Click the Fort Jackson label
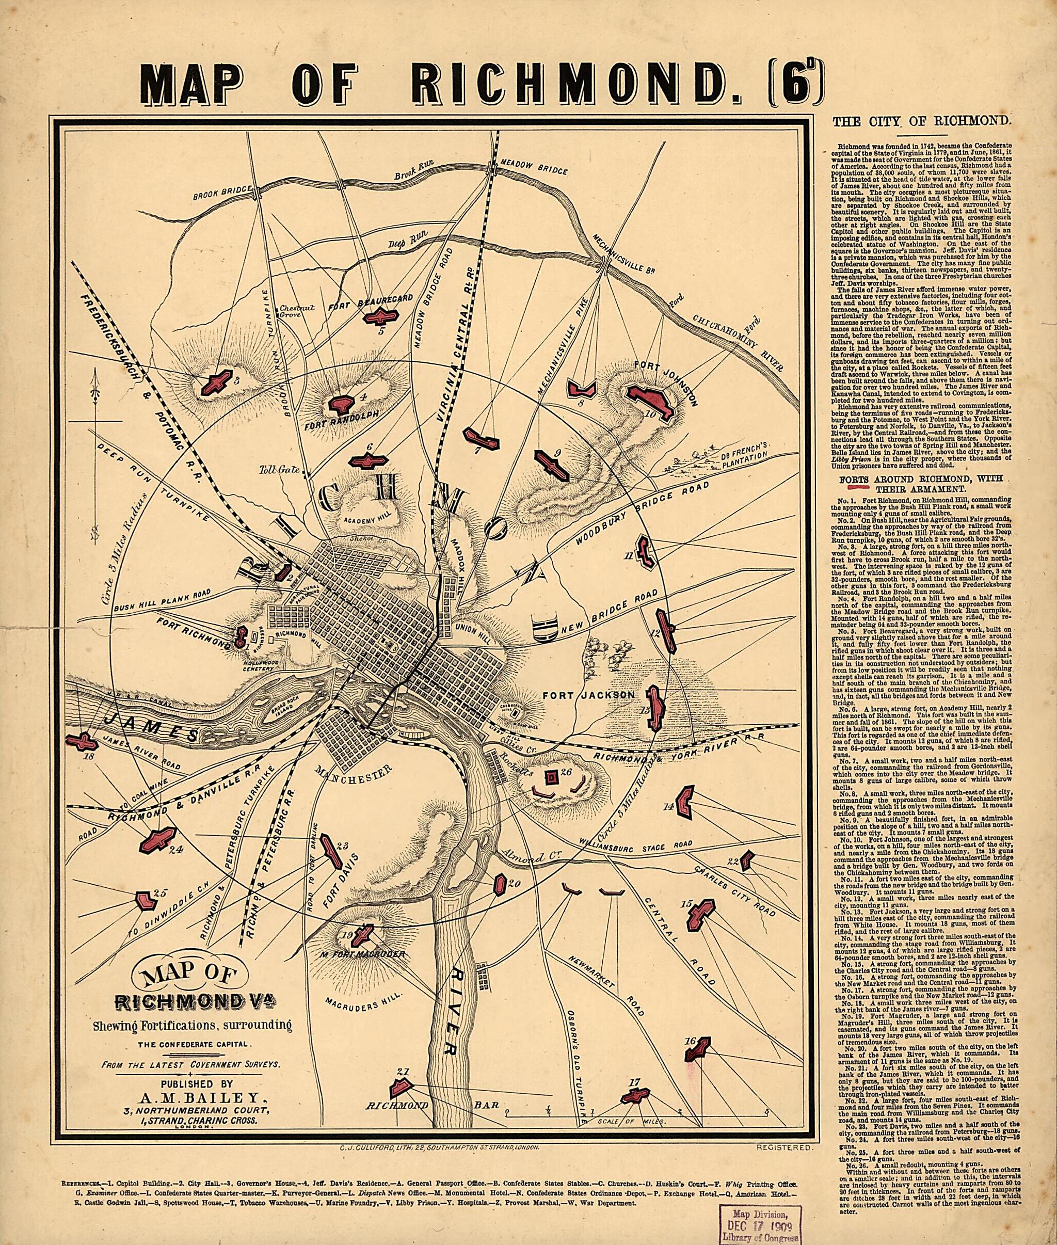(x=588, y=695)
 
